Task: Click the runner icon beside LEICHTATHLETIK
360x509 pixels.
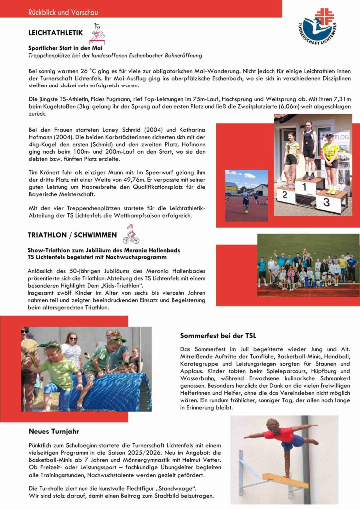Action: [98, 35]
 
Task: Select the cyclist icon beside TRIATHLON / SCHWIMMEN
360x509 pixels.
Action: [131, 234]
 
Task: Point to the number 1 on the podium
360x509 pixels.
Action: [303, 187]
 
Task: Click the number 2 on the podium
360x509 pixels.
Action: [284, 195]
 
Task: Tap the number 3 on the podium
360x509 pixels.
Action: [326, 202]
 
